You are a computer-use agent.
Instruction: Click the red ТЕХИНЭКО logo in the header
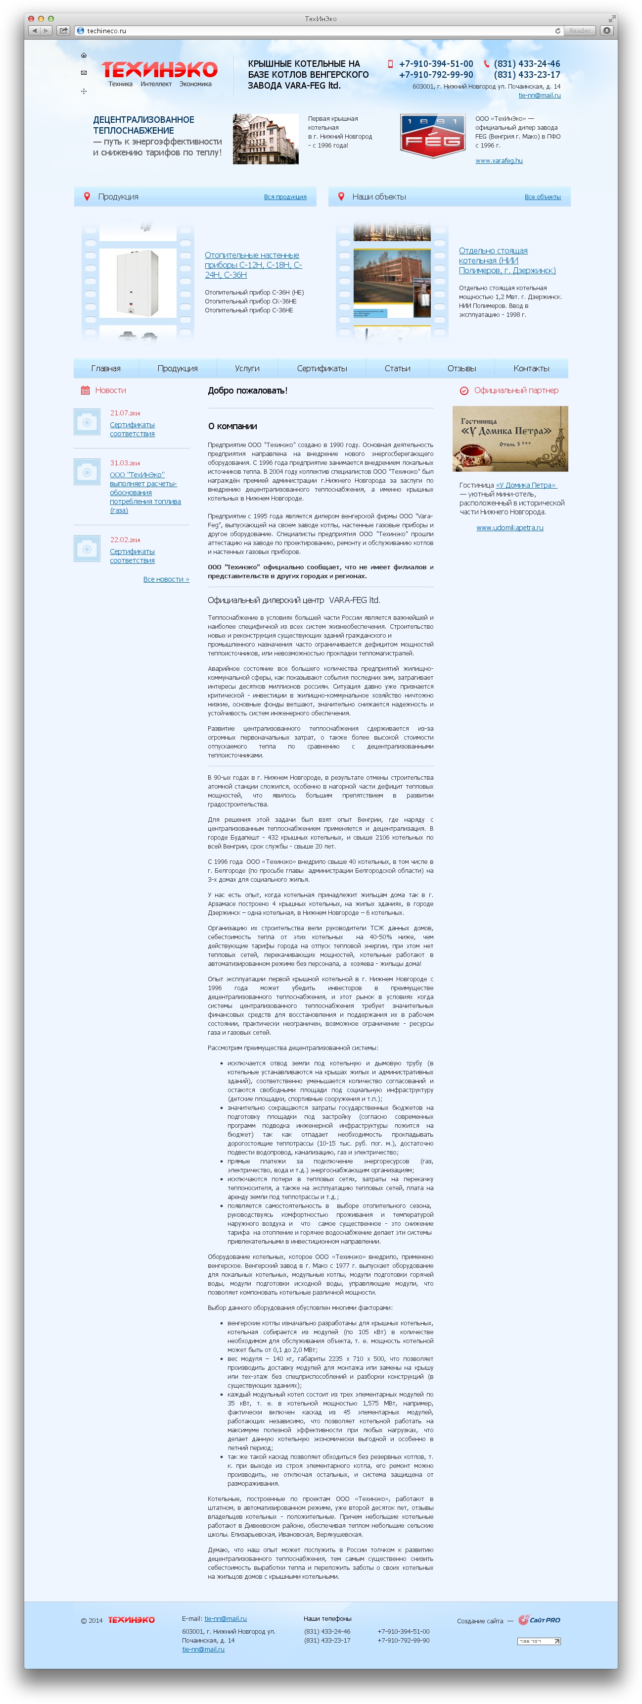159,69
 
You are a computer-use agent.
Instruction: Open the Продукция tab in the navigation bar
177,368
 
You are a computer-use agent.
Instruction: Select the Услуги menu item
247,368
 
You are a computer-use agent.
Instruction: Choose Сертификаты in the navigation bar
321,368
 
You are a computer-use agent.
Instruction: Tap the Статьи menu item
397,368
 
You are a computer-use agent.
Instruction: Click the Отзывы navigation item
461,368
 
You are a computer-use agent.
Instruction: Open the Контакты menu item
531,368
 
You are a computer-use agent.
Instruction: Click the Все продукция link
285,197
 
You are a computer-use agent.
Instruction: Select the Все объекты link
542,197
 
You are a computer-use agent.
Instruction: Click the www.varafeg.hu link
499,161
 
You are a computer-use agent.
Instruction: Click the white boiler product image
138,283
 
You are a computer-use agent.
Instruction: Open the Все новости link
166,579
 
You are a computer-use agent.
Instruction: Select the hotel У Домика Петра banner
510,439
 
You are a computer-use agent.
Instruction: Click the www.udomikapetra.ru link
510,528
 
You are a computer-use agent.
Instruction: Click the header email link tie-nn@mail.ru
539,95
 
